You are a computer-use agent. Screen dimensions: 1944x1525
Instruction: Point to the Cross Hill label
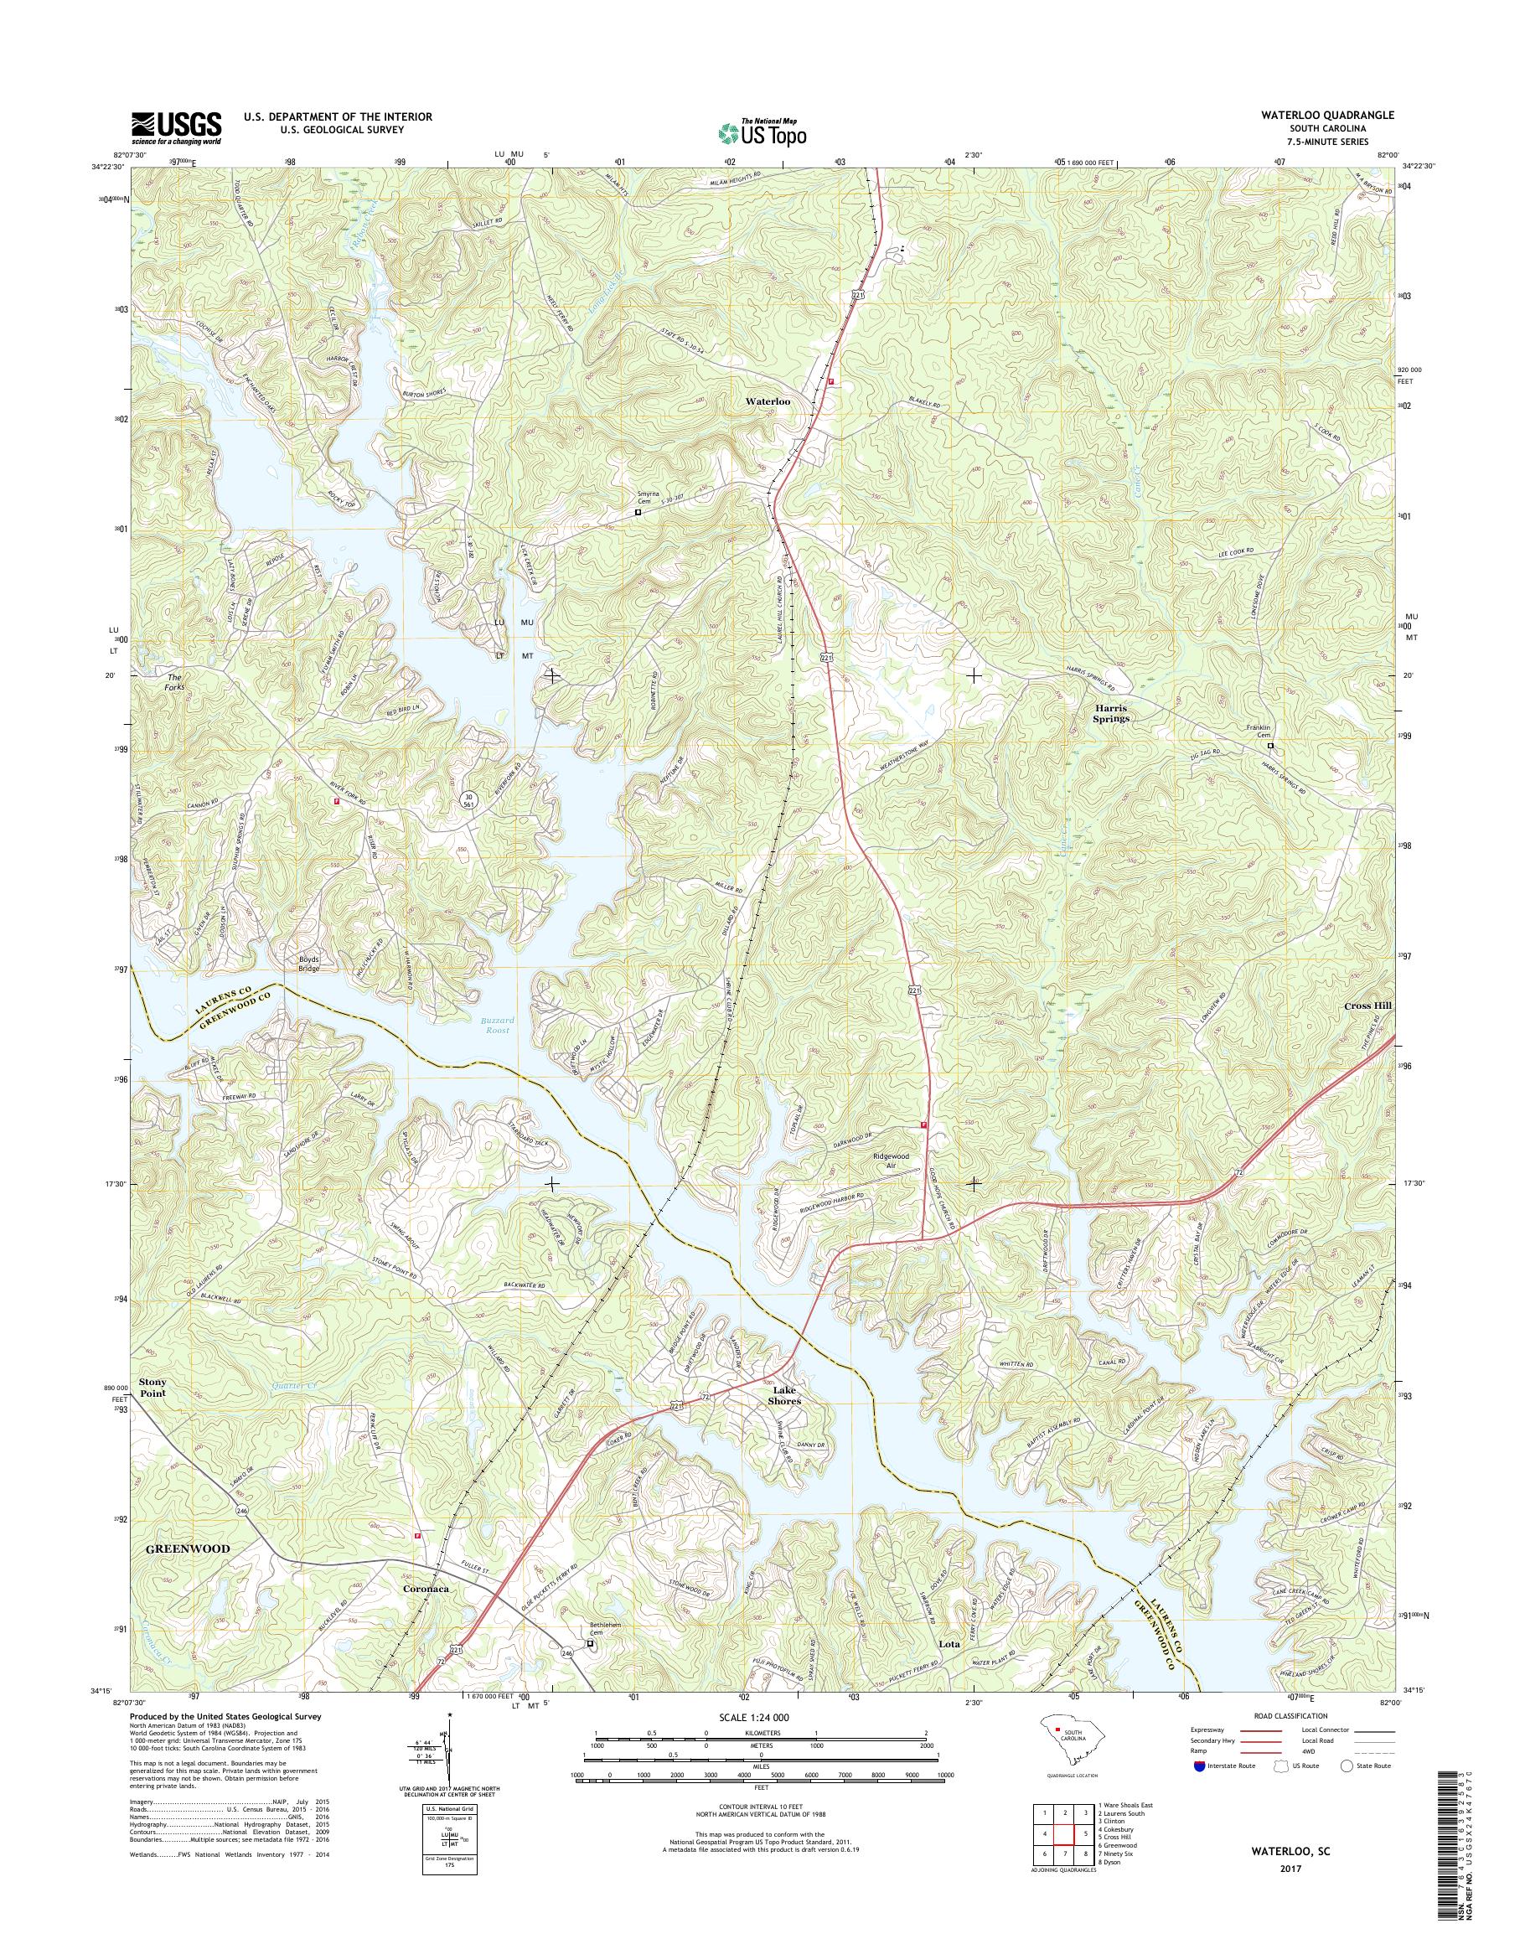[x=1367, y=1006]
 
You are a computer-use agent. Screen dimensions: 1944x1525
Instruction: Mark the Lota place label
[x=949, y=1643]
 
